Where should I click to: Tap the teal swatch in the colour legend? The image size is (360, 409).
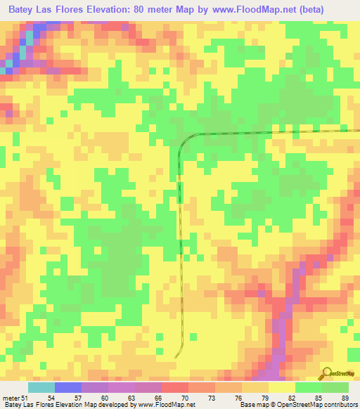click(41, 387)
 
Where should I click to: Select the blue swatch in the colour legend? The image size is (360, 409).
click(67, 387)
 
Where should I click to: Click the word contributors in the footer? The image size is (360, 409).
click(341, 405)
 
